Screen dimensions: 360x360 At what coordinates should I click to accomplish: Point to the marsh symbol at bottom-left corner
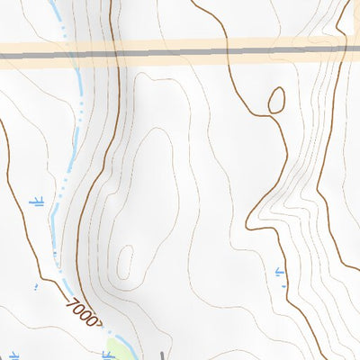pyautogui.click(x=13, y=354)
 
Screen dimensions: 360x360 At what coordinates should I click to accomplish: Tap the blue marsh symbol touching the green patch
pyautogui.click(x=108, y=355)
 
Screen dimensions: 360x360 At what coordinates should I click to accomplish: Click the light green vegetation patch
pyautogui.click(x=119, y=349)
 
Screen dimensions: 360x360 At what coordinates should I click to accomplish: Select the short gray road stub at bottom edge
pyautogui.click(x=162, y=354)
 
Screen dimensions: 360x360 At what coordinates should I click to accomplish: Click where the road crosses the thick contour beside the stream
pyautogui.click(x=116, y=55)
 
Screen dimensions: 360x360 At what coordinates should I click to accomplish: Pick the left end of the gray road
pyautogui.click(x=3, y=58)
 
